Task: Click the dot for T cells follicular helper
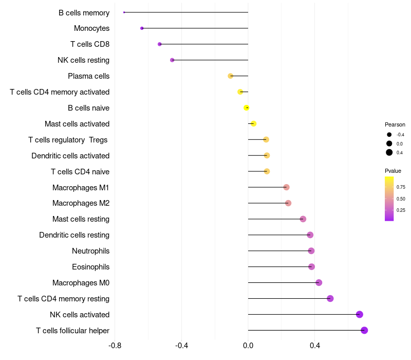click(364, 330)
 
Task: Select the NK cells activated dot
click(360, 314)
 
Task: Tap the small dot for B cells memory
click(124, 12)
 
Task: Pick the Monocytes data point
click(142, 28)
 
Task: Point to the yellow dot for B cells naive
click(247, 107)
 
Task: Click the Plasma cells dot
click(231, 76)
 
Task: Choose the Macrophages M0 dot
click(319, 282)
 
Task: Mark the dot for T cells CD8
click(160, 44)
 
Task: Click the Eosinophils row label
click(90, 267)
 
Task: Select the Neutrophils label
click(90, 251)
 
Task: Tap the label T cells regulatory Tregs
click(69, 140)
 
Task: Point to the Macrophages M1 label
click(81, 187)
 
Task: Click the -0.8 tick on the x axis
click(115, 346)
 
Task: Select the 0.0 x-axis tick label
click(248, 346)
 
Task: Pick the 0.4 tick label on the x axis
click(315, 346)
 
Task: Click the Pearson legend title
click(395, 124)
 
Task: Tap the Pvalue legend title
click(393, 171)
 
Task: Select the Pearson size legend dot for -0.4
click(389, 135)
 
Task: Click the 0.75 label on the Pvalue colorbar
click(401, 187)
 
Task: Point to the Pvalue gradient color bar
click(389, 199)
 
